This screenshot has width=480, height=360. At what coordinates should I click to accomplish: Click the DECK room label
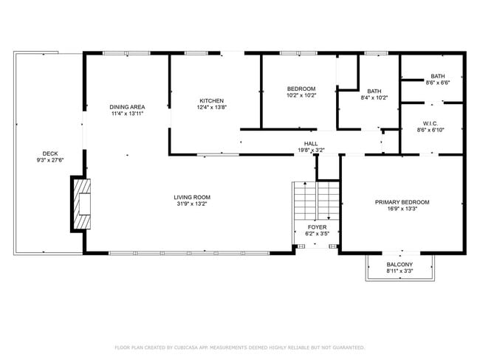click(x=50, y=154)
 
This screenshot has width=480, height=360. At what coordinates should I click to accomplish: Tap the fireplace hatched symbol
click(x=82, y=204)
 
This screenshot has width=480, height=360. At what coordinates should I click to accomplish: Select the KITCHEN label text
click(x=211, y=100)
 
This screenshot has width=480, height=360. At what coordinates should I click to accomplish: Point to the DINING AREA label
click(x=127, y=107)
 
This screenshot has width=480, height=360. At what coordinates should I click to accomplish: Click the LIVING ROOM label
click(x=192, y=197)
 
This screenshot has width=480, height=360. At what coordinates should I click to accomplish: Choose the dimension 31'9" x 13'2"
click(x=192, y=204)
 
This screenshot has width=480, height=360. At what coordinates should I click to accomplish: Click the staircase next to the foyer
click(x=316, y=201)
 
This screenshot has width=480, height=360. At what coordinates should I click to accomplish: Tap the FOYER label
click(x=317, y=227)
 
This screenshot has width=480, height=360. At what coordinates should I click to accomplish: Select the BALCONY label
click(x=400, y=264)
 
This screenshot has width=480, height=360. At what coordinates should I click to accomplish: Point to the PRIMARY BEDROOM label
click(x=402, y=202)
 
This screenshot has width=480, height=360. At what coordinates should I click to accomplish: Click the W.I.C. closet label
click(x=431, y=124)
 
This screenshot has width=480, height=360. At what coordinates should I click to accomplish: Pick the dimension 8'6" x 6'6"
click(x=438, y=83)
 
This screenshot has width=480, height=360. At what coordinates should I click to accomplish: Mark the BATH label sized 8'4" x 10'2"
click(x=374, y=91)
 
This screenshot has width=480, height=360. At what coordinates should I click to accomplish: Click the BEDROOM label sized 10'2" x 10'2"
click(x=301, y=89)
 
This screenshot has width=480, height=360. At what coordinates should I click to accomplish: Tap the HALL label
click(x=311, y=143)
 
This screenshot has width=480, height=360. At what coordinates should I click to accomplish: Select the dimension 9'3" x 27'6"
click(x=50, y=160)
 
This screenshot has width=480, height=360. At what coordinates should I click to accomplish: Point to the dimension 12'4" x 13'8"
click(x=211, y=107)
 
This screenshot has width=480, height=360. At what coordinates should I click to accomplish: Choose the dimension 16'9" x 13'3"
click(x=402, y=209)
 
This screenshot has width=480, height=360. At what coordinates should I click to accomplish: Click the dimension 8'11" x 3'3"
click(x=400, y=271)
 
